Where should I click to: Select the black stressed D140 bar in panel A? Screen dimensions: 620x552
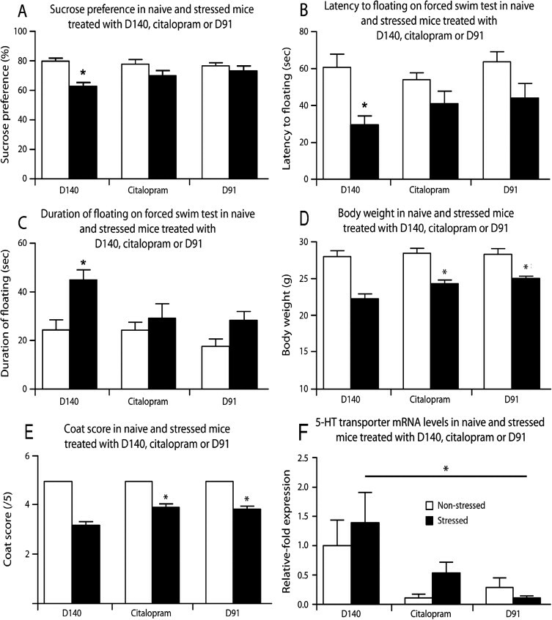coord(83,132)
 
